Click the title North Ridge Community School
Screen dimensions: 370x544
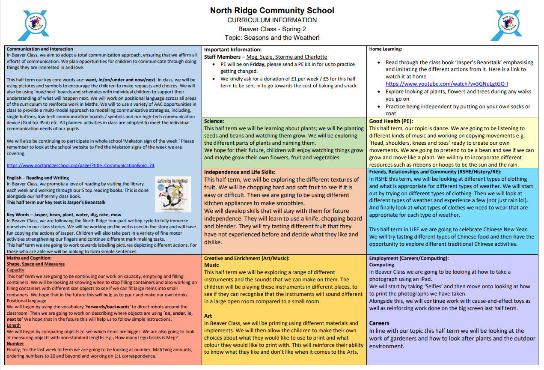pos(272,10)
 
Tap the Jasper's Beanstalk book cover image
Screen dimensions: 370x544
pos(173,194)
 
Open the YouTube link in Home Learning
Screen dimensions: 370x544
pos(446,84)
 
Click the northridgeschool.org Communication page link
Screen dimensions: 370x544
pos(80,165)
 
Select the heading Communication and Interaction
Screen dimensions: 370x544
pos(40,49)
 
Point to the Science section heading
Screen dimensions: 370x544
pos(214,121)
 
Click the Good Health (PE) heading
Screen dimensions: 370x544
pos(390,121)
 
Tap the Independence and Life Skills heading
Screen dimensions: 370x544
pos(239,172)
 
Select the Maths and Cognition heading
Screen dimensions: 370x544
pos(29,258)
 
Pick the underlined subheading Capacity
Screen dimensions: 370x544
pos(15,270)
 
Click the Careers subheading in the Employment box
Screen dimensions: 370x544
pos(379,323)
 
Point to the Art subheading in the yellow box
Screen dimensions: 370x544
pos(208,316)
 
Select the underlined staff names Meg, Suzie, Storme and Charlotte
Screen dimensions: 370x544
pos(287,57)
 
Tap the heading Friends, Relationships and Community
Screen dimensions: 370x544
pos(435,172)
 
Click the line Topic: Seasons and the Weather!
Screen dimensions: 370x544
pos(272,38)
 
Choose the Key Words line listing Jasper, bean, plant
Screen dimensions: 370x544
pos(64,215)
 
